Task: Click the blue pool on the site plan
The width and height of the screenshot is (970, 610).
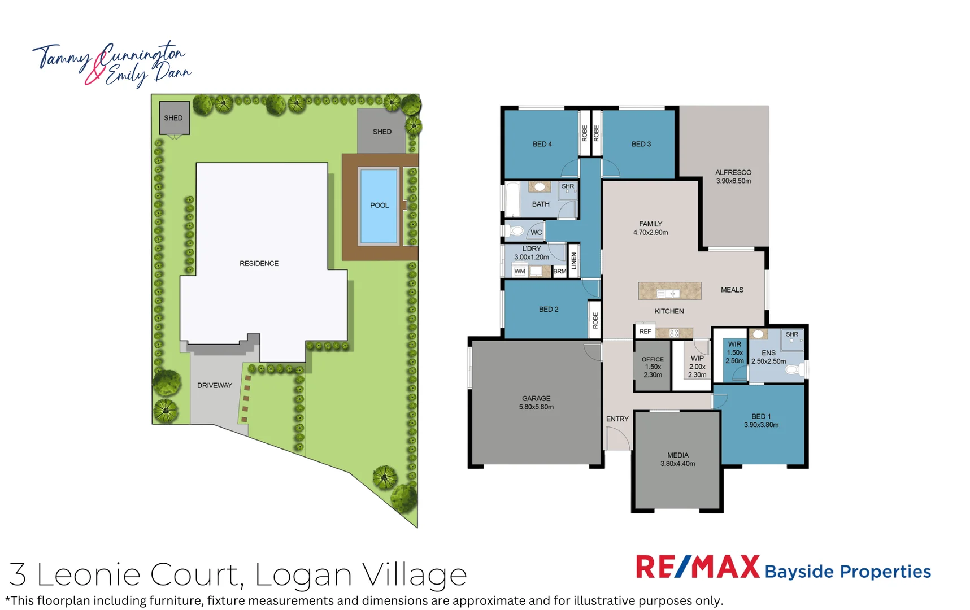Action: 379,206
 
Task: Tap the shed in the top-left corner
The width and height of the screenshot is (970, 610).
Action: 174,118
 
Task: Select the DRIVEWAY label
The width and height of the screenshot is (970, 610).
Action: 215,385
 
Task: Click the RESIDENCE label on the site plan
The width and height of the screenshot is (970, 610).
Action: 259,263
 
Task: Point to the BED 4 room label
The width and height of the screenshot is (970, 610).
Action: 542,144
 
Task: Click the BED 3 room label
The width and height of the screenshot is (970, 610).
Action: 641,144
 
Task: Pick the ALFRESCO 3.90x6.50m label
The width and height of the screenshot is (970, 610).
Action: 733,177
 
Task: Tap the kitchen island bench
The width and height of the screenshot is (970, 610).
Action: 669,291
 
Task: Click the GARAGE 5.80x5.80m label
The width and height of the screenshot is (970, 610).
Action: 536,403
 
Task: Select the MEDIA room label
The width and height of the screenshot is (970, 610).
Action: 678,459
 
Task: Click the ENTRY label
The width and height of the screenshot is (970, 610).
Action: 617,419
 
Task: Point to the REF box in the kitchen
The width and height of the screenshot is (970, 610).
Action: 645,332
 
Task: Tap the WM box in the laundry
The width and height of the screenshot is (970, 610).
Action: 520,271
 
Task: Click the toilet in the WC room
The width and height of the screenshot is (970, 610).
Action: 516,230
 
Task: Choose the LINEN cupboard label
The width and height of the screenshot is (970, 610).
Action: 574,260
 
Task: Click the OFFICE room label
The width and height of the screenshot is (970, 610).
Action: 653,367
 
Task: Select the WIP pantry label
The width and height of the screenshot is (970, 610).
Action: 697,367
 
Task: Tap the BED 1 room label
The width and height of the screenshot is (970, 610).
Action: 761,421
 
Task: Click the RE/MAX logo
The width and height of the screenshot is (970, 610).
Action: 697,567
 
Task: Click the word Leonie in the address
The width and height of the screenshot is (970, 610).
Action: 88,574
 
